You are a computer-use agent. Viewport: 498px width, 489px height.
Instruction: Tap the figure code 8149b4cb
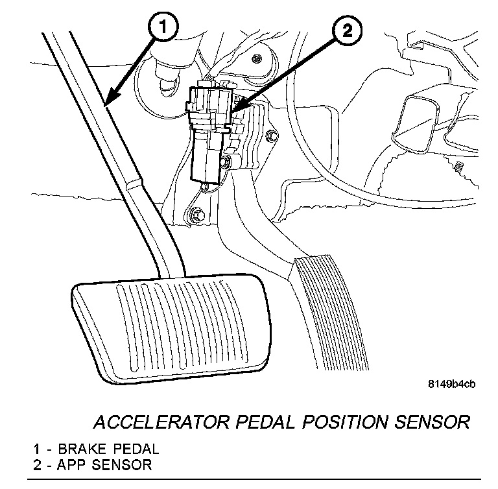pyautogui.click(x=451, y=384)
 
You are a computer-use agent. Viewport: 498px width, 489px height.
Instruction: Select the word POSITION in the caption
pyautogui.click(x=331, y=422)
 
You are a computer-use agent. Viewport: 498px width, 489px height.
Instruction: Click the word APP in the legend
pyautogui.click(x=70, y=464)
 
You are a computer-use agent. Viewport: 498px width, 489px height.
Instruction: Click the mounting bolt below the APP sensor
pyautogui.click(x=196, y=213)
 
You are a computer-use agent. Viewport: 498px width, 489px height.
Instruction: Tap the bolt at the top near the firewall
pyautogui.click(x=258, y=60)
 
